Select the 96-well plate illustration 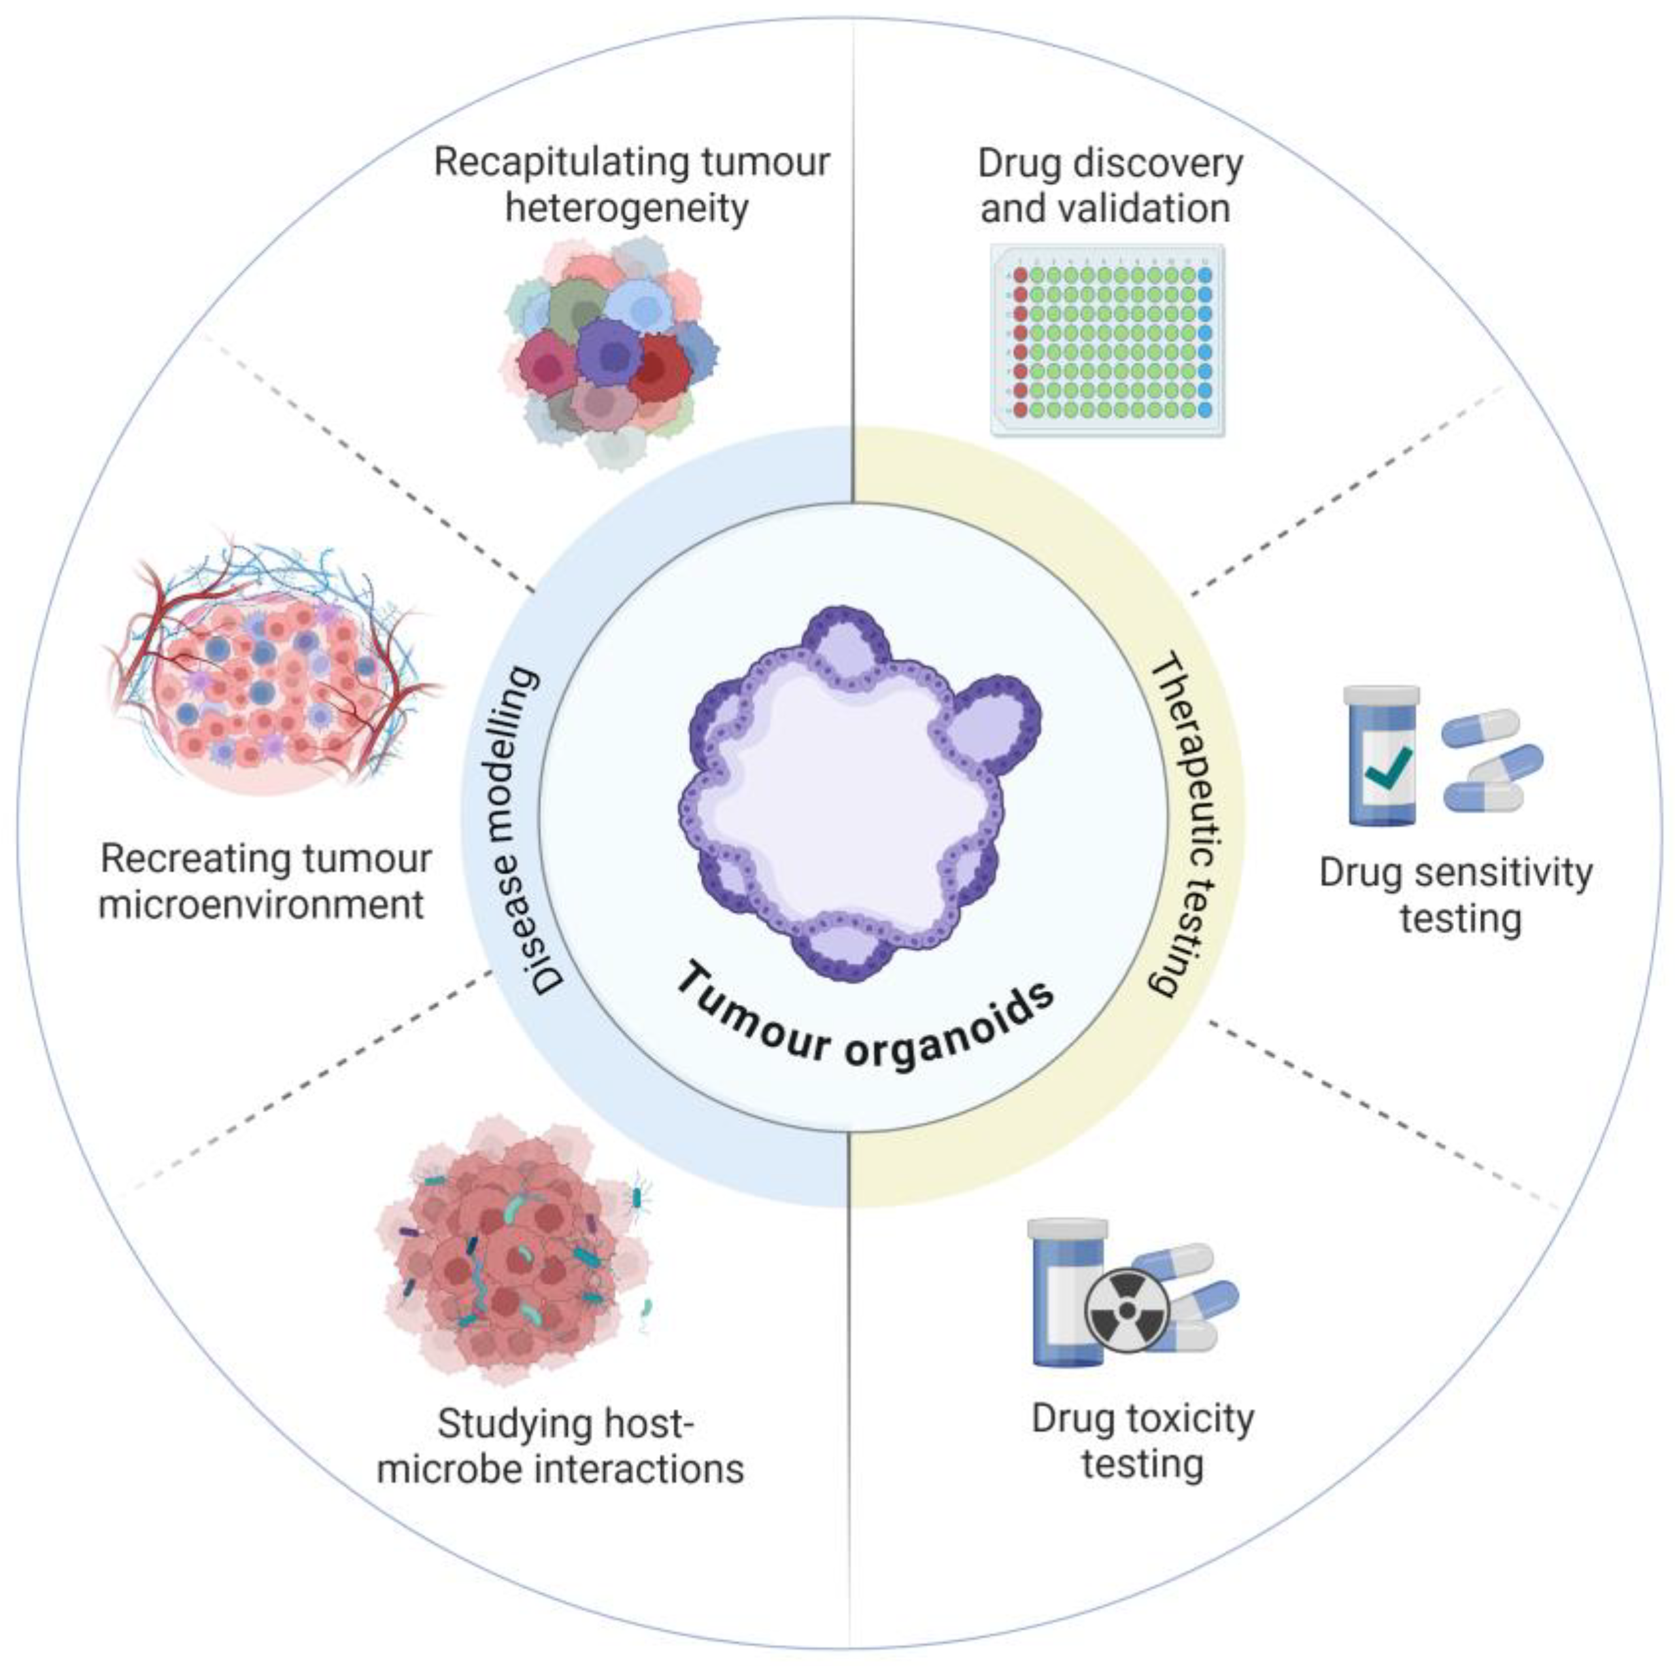coord(1108,340)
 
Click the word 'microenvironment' coord(262,905)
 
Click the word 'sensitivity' coord(1513,873)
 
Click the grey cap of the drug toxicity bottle coord(1067,1229)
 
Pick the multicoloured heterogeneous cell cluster coord(611,356)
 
